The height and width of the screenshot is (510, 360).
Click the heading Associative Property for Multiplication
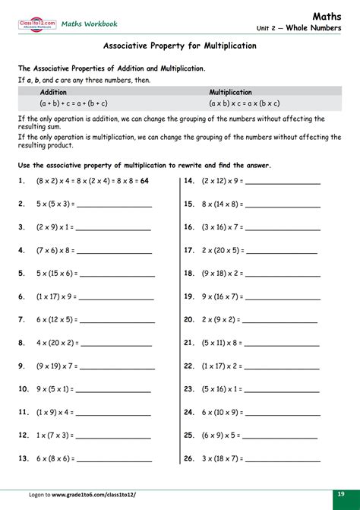(180, 46)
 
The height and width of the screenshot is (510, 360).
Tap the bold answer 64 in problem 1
(144, 181)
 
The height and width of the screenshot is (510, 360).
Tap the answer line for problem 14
(283, 182)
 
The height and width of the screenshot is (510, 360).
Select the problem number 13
(22, 459)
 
